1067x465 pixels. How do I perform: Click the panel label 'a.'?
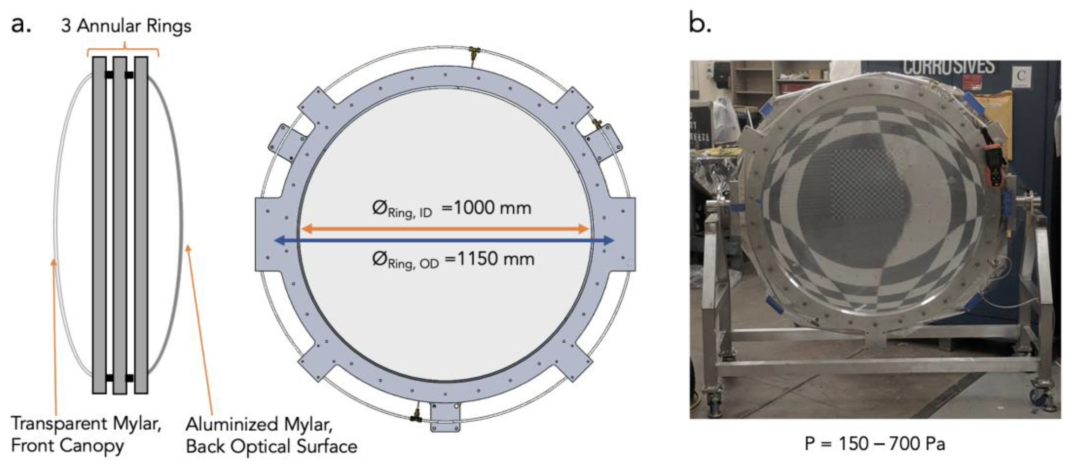point(21,25)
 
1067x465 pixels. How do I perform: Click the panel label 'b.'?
point(700,23)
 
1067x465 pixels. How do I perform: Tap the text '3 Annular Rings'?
point(126,26)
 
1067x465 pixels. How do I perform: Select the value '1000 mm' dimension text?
point(492,207)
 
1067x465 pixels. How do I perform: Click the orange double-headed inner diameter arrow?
point(445,228)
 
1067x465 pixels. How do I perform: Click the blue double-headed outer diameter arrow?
point(445,240)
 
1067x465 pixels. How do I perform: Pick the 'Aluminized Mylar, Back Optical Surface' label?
point(271,435)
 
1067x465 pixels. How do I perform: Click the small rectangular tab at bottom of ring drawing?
point(445,417)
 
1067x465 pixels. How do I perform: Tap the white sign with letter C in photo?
point(1021,76)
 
